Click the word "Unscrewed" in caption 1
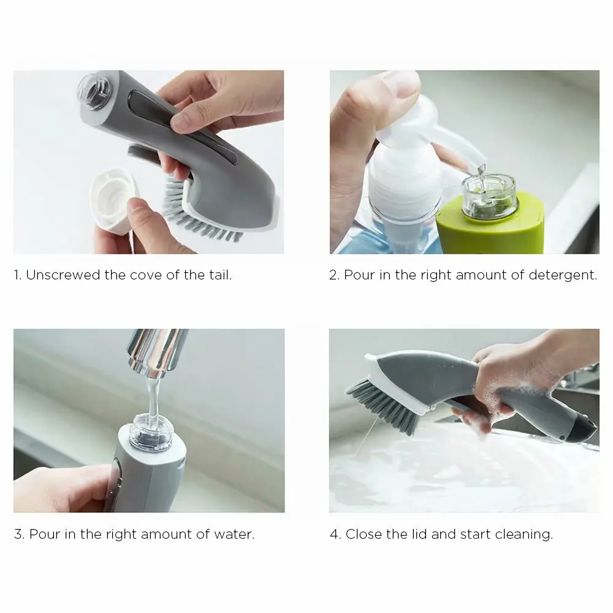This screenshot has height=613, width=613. (x=63, y=275)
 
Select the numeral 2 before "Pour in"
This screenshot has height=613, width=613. (x=333, y=275)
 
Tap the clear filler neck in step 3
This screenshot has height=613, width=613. (x=150, y=431)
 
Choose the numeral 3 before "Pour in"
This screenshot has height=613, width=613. (x=18, y=534)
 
